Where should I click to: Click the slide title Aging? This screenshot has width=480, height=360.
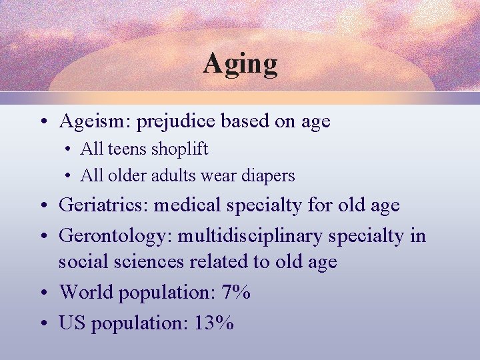coord(240,64)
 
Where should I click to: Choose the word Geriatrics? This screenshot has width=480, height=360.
coord(103,205)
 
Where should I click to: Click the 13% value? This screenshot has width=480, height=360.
coord(214,323)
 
